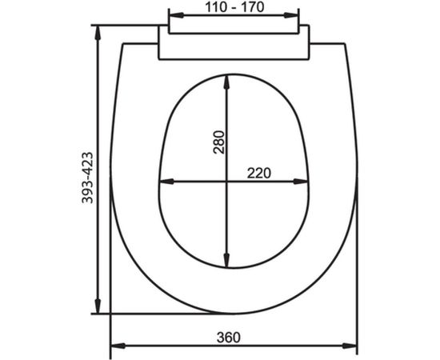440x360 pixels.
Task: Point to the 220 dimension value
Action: click(258, 172)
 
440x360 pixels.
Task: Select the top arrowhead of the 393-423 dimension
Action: click(98, 30)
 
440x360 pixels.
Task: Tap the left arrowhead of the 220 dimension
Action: click(163, 182)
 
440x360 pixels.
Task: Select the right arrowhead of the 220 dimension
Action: click(305, 182)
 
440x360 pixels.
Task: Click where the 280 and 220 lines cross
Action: click(228, 182)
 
